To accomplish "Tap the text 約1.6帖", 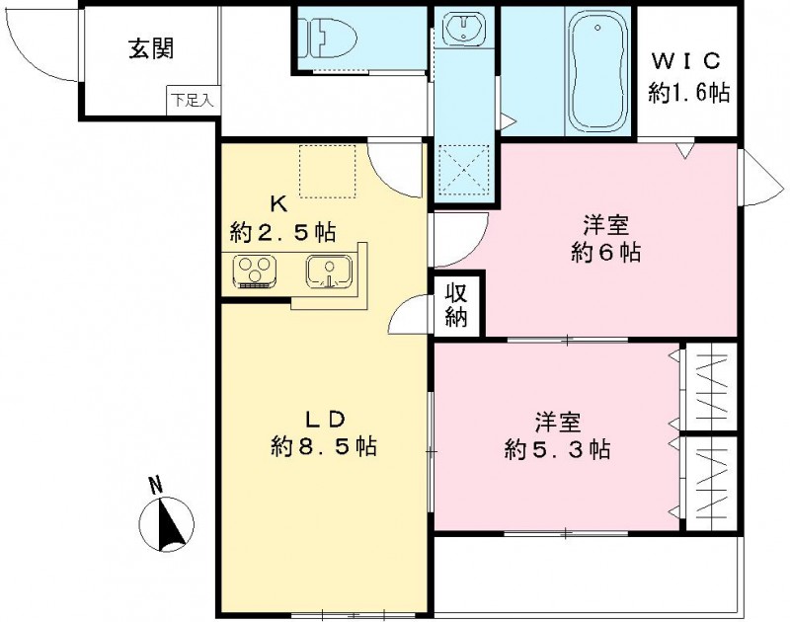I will click(689, 94).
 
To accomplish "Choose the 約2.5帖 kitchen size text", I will click(280, 233).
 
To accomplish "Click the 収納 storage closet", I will click(457, 305).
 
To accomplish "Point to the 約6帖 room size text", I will click(606, 252).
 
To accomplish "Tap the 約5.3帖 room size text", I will click(556, 450).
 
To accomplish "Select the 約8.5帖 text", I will click(323, 446).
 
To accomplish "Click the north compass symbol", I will click(170, 522).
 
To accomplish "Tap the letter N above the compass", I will click(156, 486).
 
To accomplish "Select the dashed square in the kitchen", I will click(325, 170).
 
